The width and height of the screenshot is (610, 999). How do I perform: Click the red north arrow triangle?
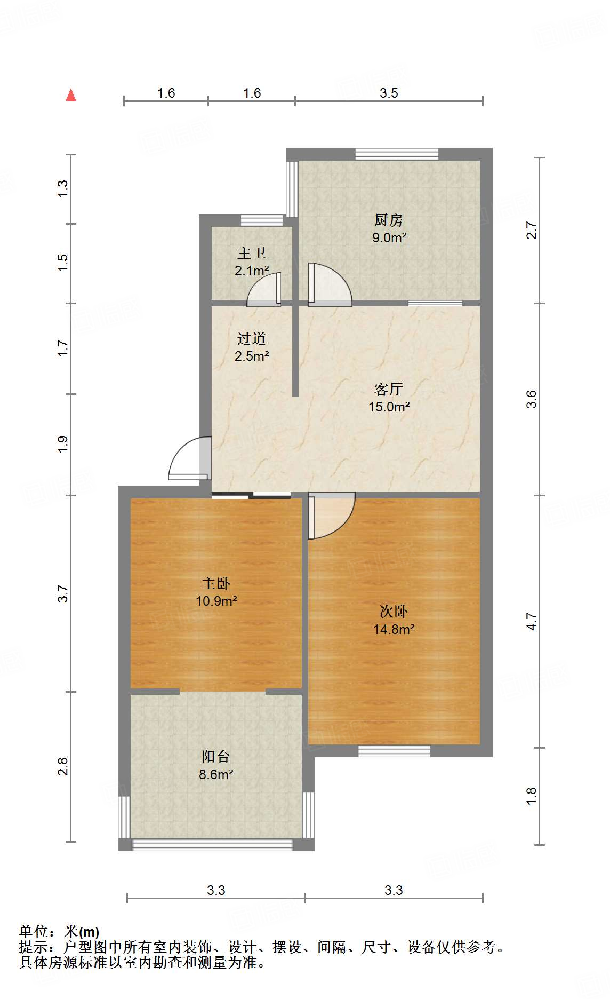click(x=71, y=96)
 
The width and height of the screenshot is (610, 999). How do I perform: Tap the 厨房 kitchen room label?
click(x=388, y=220)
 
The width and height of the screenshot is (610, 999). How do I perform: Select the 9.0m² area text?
click(x=389, y=237)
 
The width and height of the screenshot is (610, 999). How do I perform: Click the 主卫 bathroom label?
click(x=252, y=253)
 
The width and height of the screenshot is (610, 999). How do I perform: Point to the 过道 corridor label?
click(x=252, y=338)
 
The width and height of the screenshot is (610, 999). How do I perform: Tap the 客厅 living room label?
click(x=388, y=389)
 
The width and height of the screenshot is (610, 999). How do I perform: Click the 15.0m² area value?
click(x=389, y=407)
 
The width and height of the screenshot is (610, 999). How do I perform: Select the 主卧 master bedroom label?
click(x=216, y=583)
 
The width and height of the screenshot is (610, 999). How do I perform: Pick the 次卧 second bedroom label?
click(x=394, y=612)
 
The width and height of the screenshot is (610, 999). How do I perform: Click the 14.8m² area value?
click(x=394, y=629)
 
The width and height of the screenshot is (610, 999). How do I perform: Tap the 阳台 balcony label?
click(x=216, y=756)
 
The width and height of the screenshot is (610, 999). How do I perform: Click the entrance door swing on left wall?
click(x=188, y=459)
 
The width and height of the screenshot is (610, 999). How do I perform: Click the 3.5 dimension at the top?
click(x=389, y=93)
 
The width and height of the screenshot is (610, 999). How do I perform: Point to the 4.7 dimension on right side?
click(x=532, y=621)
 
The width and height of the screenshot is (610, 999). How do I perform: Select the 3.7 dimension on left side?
click(x=63, y=593)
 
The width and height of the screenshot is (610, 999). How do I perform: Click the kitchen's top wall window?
click(x=397, y=154)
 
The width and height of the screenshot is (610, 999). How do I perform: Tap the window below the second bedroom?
click(x=394, y=751)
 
